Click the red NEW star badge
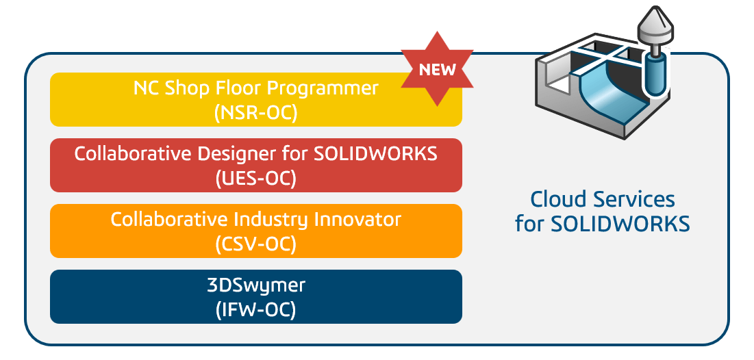[x=437, y=68]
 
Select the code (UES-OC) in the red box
[x=256, y=179]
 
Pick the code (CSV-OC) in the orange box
[x=256, y=244]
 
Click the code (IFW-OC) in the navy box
[x=256, y=310]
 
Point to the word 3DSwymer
[x=256, y=285]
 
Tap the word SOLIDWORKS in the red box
[x=375, y=154]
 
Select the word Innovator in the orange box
[x=357, y=220]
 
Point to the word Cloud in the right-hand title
[x=558, y=199]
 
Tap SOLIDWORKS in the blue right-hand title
[x=620, y=224]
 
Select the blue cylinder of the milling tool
[x=656, y=75]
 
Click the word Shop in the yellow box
[x=185, y=89]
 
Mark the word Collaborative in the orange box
[x=169, y=220]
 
